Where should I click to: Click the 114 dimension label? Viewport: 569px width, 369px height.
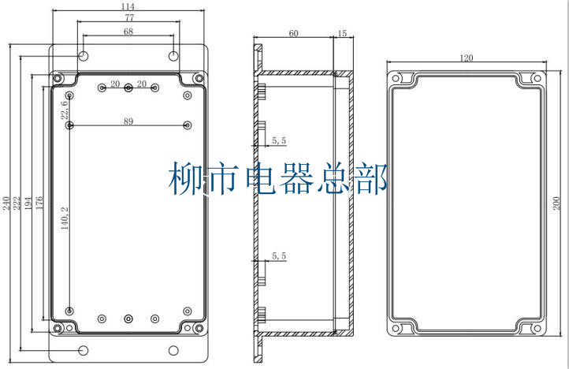(x=128, y=6)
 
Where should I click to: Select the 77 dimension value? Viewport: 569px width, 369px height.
(x=128, y=17)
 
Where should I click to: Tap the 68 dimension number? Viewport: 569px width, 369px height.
(x=128, y=32)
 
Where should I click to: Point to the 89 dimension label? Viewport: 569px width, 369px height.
(x=128, y=121)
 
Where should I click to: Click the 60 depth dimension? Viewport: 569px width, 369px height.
(x=293, y=33)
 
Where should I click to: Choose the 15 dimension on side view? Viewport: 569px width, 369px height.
(x=341, y=33)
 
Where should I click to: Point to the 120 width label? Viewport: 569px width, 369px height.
(x=467, y=58)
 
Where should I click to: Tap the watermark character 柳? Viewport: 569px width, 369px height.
(x=187, y=180)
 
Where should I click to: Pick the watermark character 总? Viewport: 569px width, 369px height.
(x=335, y=180)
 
